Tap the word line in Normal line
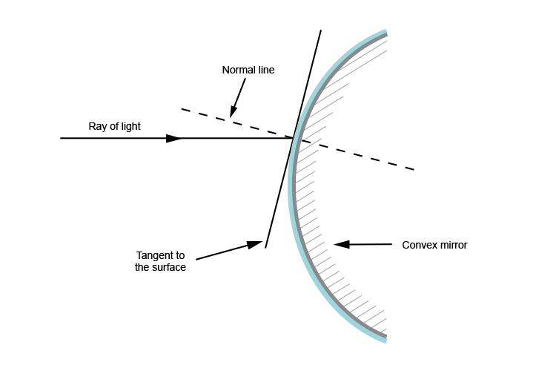pyautogui.click(x=265, y=70)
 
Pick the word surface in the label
pyautogui.click(x=169, y=268)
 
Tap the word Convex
pyautogui.click(x=418, y=245)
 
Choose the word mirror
pyautogui.click(x=453, y=245)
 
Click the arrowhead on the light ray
pyautogui.click(x=175, y=138)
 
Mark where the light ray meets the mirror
pyautogui.click(x=294, y=138)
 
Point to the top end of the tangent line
pyautogui.click(x=321, y=30)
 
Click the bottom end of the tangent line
pyautogui.click(x=265, y=248)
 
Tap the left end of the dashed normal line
pyautogui.click(x=182, y=110)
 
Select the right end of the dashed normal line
pyautogui.click(x=413, y=169)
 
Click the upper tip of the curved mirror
pyautogui.click(x=386, y=33)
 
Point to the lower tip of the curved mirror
pyautogui.click(x=386, y=341)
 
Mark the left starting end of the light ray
pyautogui.click(x=61, y=138)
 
